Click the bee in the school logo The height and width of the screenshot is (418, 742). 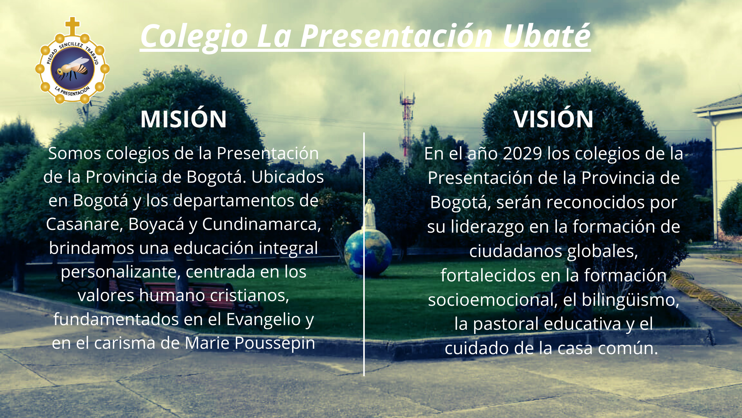(x=72, y=68)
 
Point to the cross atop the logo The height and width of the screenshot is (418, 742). (x=72, y=26)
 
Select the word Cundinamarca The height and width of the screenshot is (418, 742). (x=261, y=224)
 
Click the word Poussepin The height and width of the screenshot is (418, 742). (x=275, y=343)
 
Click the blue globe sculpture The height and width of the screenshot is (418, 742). (x=368, y=252)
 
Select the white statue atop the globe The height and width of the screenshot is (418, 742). (x=370, y=214)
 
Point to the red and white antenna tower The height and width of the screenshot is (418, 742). (x=407, y=116)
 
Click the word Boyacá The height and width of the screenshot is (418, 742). (x=156, y=224)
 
